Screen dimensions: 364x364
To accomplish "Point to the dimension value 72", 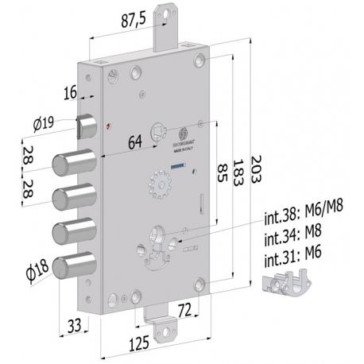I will [184, 308].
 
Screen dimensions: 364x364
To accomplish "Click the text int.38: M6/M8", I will [305, 215].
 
